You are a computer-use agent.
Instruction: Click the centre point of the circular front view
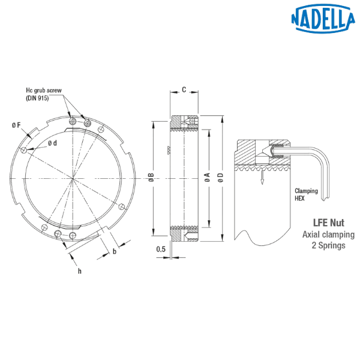click(72, 178)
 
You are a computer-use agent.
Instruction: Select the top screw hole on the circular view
click(73, 124)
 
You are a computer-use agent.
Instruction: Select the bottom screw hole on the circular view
click(73, 229)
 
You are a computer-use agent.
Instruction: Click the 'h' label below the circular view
click(79, 271)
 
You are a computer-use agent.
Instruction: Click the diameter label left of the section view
click(151, 178)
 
